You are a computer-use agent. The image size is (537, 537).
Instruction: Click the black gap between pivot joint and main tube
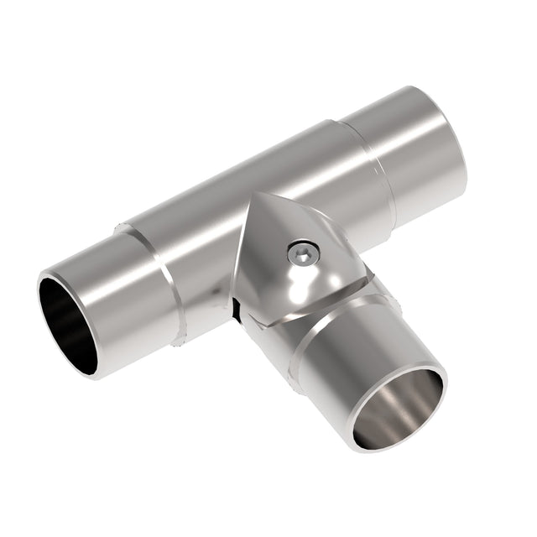pyautogui.click(x=237, y=311)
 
